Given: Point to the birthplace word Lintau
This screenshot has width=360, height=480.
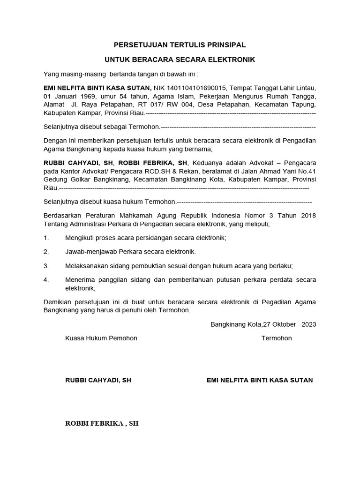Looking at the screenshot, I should (x=305, y=88).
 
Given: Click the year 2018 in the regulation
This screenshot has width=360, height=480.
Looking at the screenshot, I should (x=307, y=215).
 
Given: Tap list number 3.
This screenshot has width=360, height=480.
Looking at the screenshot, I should (x=46, y=266).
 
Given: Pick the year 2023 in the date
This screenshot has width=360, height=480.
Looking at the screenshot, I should (x=308, y=324).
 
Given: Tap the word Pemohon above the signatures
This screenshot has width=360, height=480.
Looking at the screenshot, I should (x=122, y=338).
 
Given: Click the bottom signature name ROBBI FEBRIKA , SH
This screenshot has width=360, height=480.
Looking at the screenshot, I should (x=102, y=423).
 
